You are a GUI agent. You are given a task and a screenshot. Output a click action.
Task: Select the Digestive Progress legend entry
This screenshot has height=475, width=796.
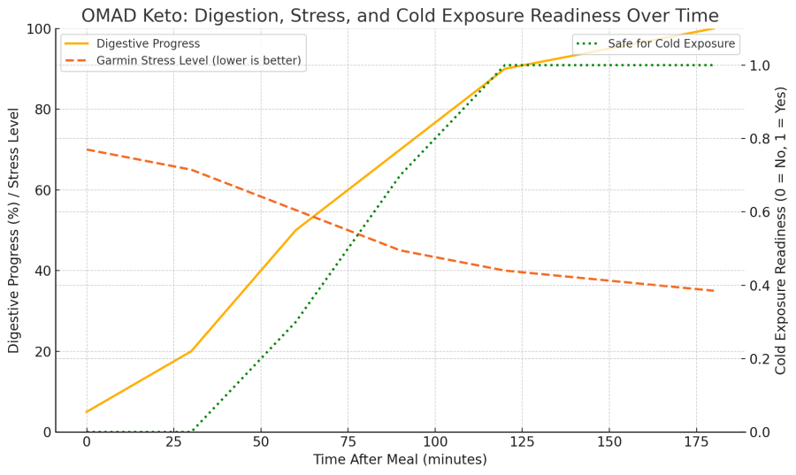click(x=148, y=43)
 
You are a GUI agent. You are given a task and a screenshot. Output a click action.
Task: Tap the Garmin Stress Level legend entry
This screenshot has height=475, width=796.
click(x=198, y=61)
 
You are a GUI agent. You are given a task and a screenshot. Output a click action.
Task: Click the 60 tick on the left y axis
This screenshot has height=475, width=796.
click(x=40, y=190)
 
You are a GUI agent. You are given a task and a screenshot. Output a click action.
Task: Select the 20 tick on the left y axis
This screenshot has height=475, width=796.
click(x=40, y=351)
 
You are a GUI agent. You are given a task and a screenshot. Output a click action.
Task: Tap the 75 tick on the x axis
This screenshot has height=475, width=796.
click(x=348, y=441)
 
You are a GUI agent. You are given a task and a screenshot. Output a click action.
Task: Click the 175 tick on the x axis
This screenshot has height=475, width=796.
click(x=696, y=441)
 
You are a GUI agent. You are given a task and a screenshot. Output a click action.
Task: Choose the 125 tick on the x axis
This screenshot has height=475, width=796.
click(x=522, y=441)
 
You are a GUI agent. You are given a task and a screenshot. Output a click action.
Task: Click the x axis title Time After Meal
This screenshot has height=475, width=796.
click(x=400, y=460)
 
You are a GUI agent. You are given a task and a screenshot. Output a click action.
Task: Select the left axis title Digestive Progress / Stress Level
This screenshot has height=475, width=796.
click(x=14, y=230)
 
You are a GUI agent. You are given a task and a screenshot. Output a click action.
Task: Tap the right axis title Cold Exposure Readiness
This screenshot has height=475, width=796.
click(x=781, y=230)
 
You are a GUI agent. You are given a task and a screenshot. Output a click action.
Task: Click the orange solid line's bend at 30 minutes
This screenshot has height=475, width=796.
click(x=191, y=351)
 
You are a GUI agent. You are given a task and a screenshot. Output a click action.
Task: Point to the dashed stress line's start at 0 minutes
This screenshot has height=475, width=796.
click(x=87, y=149)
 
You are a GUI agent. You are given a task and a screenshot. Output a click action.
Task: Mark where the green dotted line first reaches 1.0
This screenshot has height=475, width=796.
click(x=504, y=65)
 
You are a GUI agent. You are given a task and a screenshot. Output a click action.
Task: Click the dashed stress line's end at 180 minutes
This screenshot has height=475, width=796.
click(x=714, y=291)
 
